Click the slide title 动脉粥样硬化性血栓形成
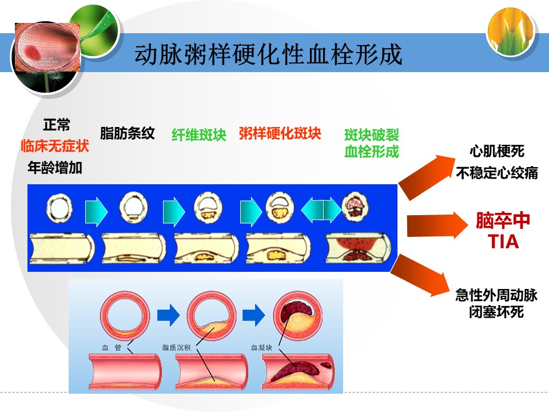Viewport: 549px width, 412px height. pyautogui.click(x=268, y=55)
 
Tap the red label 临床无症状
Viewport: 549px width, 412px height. pyautogui.click(x=55, y=146)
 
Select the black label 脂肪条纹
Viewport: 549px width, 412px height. pyautogui.click(x=128, y=134)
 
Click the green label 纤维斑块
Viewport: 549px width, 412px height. pyautogui.click(x=199, y=135)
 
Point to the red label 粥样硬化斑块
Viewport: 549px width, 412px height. pyautogui.click(x=280, y=134)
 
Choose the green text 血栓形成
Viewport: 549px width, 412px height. pyautogui.click(x=372, y=152)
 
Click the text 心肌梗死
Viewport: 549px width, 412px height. pyautogui.click(x=497, y=152)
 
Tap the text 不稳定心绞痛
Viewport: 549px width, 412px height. pyautogui.click(x=497, y=173)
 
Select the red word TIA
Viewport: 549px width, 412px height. pyautogui.click(x=503, y=242)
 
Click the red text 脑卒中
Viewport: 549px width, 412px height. pyautogui.click(x=503, y=221)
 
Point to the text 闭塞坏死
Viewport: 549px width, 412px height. pyautogui.click(x=496, y=312)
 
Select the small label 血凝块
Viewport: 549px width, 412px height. pyautogui.click(x=261, y=347)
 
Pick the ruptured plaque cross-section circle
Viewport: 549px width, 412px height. pyautogui.click(x=356, y=206)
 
